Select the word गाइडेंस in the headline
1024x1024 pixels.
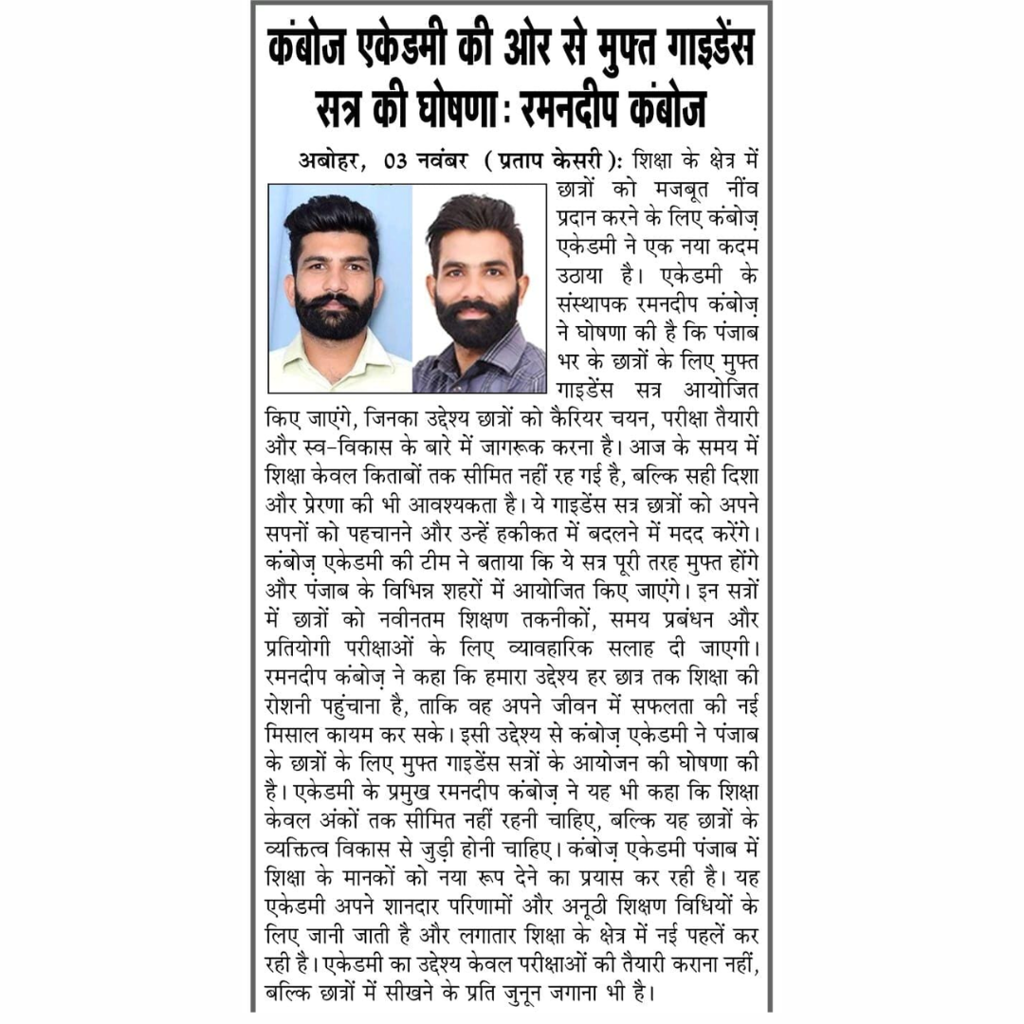(x=689, y=46)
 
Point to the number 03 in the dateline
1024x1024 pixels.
(x=395, y=158)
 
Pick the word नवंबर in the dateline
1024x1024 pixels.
(x=443, y=158)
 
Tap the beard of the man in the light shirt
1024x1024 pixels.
(x=334, y=315)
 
